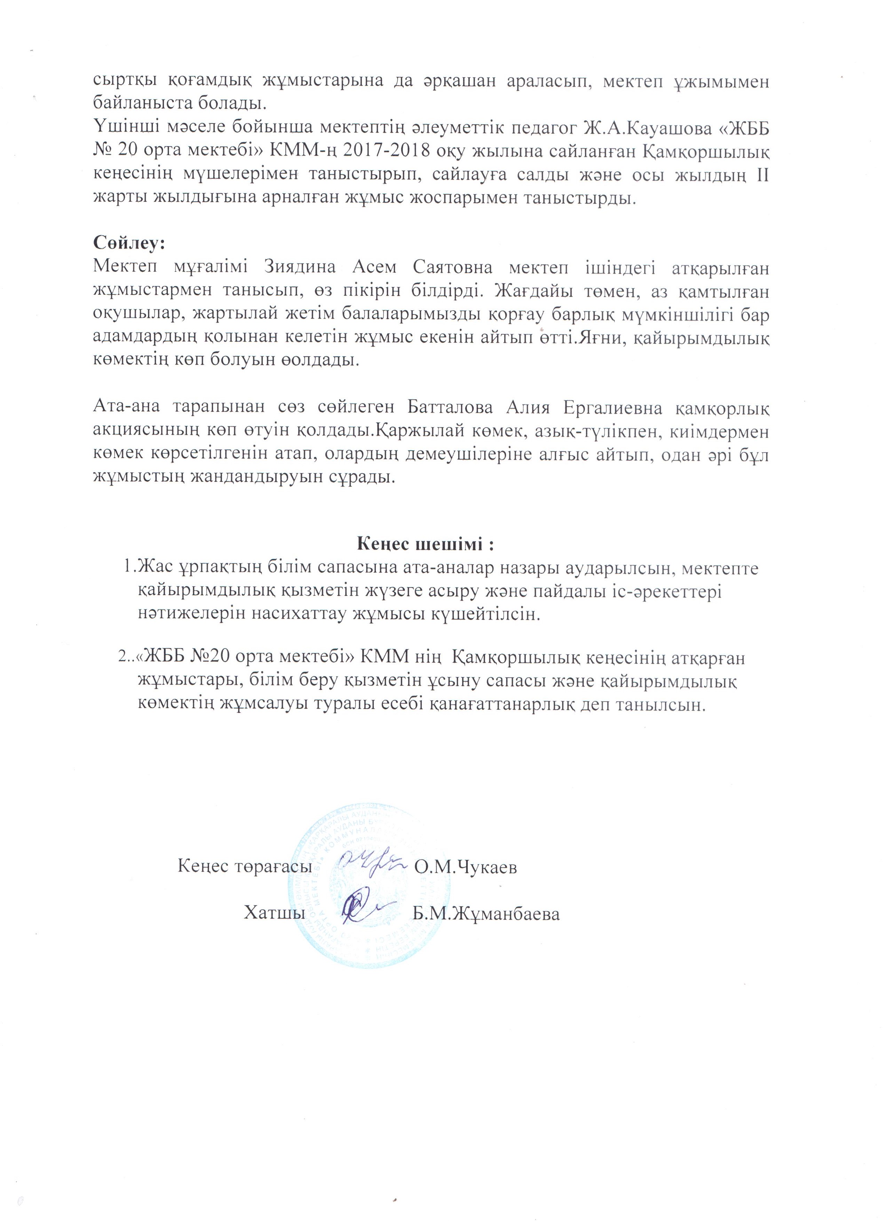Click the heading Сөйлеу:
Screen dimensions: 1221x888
click(x=129, y=242)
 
